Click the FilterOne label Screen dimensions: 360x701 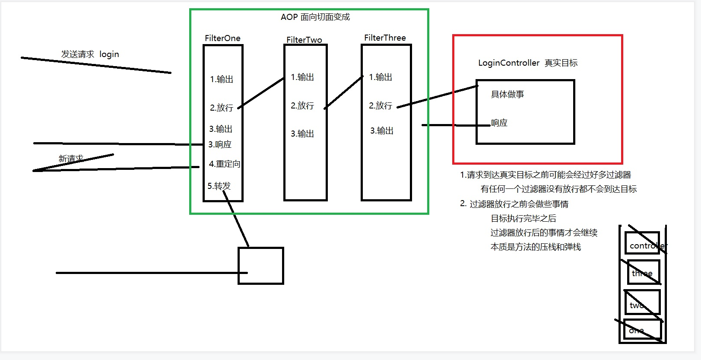(x=222, y=38)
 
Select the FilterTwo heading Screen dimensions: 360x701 (x=304, y=40)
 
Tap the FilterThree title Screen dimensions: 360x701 (x=385, y=38)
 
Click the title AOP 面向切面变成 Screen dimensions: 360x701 (x=315, y=17)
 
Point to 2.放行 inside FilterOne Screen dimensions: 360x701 (x=222, y=108)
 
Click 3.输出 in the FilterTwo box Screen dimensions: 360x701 (x=302, y=134)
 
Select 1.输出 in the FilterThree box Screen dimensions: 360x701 (x=381, y=77)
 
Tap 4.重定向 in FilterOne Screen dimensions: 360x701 (x=225, y=164)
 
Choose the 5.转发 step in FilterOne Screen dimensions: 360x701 (x=219, y=186)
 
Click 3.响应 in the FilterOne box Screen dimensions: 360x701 (x=220, y=144)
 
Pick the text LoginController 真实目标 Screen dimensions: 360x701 (x=528, y=63)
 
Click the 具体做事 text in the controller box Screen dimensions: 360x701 (x=508, y=94)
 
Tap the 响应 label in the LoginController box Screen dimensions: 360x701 (x=499, y=123)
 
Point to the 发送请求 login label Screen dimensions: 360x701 (x=90, y=54)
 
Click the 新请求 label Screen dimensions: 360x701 (x=71, y=159)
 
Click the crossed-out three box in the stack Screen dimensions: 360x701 (x=644, y=272)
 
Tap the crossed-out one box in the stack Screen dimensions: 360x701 (x=642, y=330)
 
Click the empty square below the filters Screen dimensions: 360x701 (x=261, y=265)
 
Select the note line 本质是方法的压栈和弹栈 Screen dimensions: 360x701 (x=536, y=247)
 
